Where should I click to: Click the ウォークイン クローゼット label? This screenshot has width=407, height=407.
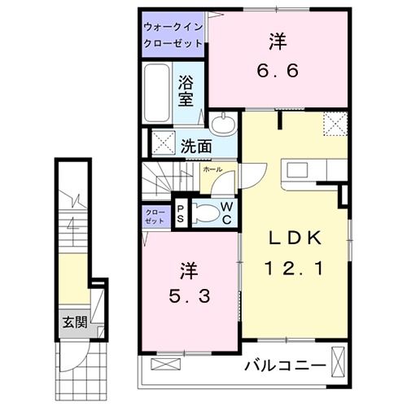[174, 33]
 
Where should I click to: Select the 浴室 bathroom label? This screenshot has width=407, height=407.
[187, 90]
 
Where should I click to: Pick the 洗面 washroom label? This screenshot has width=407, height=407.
[196, 147]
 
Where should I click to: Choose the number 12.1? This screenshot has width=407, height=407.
[296, 266]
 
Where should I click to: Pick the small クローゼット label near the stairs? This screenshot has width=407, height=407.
[155, 217]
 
